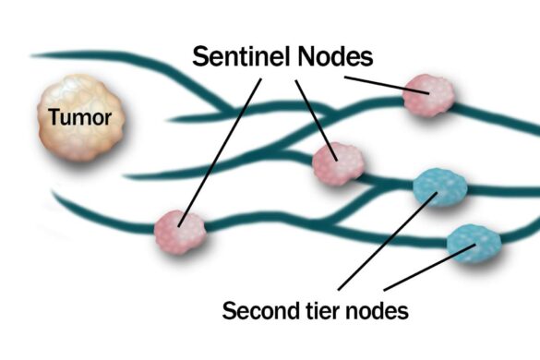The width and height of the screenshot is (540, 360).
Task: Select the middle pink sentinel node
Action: (x=338, y=163)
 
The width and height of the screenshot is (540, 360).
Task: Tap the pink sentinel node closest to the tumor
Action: (x=179, y=228)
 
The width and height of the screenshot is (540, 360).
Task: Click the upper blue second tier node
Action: (x=440, y=186)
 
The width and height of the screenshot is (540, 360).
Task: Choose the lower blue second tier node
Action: (x=474, y=243)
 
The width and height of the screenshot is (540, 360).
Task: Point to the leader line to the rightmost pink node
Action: (x=378, y=82)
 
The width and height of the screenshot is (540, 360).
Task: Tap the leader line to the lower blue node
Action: (x=425, y=269)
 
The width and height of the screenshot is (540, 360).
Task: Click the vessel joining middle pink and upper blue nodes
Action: (x=388, y=181)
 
